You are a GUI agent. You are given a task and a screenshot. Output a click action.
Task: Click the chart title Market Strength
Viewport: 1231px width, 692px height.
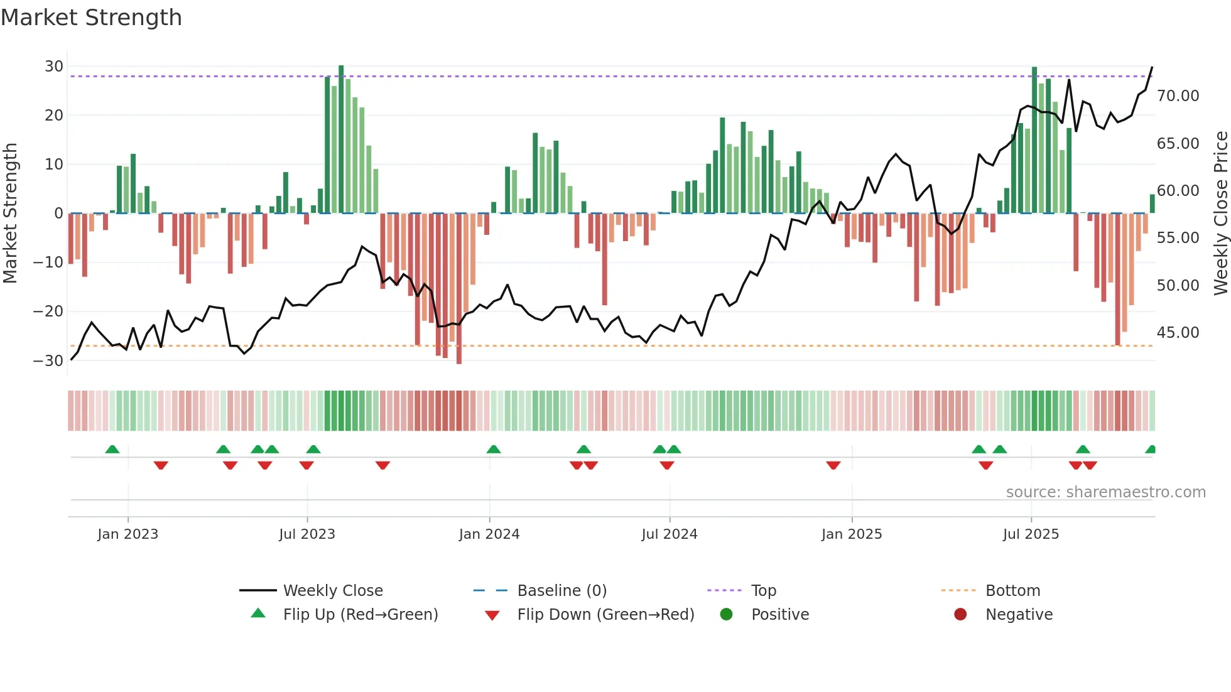pos(91,18)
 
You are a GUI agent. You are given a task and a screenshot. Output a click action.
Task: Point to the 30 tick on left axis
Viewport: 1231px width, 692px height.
pos(54,67)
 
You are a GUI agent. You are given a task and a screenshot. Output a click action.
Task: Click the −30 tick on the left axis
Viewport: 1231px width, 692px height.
pos(48,361)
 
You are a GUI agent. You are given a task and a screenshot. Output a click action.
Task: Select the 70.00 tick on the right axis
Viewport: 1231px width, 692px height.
pos(1178,96)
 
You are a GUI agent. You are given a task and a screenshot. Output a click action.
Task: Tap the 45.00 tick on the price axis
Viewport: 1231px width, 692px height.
pos(1178,333)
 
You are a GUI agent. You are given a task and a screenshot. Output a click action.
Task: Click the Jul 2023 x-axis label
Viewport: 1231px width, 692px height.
pos(307,534)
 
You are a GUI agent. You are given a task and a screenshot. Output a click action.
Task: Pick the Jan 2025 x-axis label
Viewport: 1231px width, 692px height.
pos(852,534)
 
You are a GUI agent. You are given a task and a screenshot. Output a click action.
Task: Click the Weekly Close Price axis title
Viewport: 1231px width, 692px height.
pos(1220,214)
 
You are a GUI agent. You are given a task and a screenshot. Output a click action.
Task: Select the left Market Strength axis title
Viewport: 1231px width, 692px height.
pos(11,214)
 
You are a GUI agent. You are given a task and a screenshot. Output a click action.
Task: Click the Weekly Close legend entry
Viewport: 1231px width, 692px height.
pos(332,591)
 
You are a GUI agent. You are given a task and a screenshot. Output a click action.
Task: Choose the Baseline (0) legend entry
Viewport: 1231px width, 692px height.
pos(561,591)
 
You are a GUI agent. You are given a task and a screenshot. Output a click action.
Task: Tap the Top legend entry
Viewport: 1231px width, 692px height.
pos(763,591)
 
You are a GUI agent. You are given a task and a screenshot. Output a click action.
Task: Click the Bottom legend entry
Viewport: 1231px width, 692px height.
pos(1012,591)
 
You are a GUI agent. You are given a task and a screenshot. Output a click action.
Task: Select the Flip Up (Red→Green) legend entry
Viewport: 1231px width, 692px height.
pos(360,615)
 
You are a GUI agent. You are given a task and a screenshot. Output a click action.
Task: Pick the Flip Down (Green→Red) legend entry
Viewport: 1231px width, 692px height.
pos(605,615)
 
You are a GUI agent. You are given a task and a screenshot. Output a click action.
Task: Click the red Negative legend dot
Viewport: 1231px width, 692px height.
pos(960,615)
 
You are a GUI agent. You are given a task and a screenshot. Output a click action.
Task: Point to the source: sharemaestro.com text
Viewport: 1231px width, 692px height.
pos(1105,492)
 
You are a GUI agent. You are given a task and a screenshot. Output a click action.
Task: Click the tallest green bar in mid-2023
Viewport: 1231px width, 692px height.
pos(341,138)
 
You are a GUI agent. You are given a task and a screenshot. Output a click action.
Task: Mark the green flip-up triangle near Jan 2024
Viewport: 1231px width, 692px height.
pos(494,450)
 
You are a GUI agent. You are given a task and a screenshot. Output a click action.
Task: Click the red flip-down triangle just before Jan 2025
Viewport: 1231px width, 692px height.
pos(833,465)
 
